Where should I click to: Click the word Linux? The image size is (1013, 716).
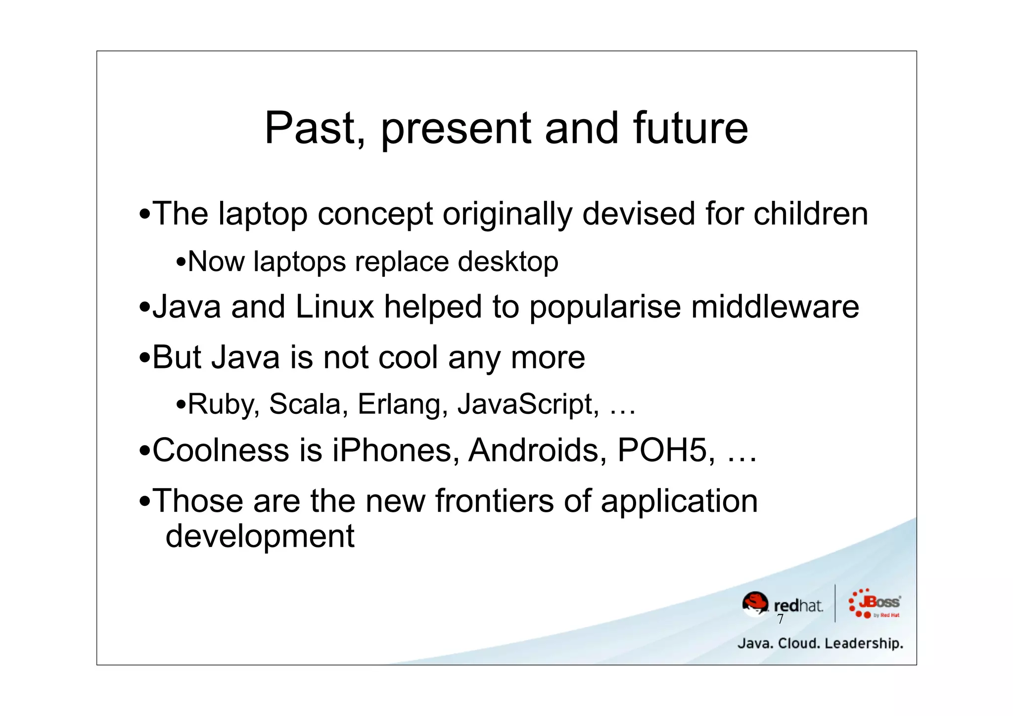[334, 307]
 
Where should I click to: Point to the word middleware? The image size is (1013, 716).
[775, 307]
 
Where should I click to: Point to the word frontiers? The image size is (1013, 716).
[494, 500]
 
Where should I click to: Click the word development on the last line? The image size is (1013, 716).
[260, 537]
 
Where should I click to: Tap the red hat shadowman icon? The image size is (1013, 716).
[755, 603]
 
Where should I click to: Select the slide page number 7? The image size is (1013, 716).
[780, 619]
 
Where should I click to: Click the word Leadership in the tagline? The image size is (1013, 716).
[864, 643]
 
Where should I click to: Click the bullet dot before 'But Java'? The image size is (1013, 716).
[144, 358]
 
